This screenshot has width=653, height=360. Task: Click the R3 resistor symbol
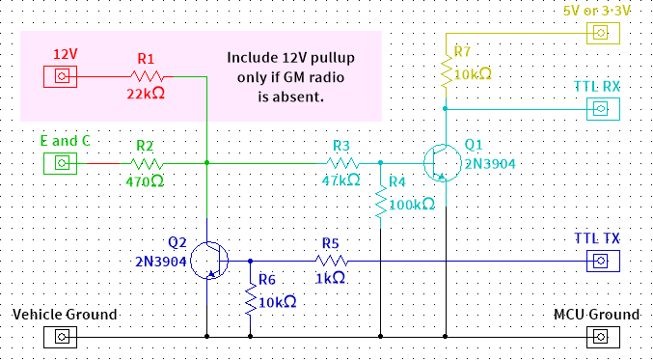341,163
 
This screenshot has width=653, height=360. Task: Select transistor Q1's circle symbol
441,163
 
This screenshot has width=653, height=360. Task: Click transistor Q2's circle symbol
208,261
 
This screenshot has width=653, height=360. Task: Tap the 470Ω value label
145,180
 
